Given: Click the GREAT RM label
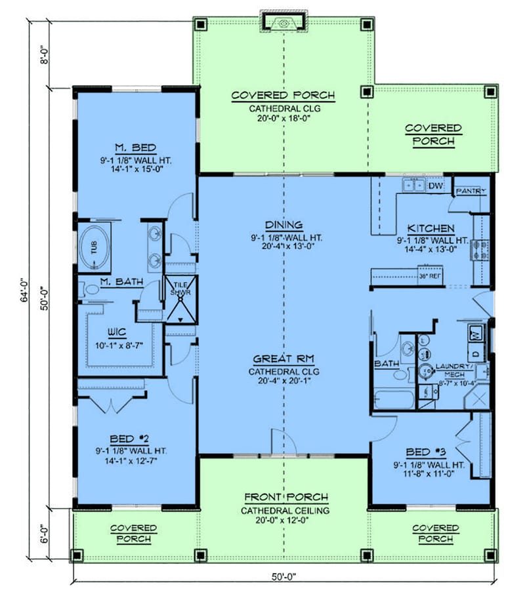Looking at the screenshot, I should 283,359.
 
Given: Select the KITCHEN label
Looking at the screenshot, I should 430,228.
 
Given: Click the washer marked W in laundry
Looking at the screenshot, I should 474,334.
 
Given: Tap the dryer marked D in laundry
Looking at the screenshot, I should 474,355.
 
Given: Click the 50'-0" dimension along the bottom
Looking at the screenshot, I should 282,577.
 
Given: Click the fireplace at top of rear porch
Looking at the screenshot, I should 283,22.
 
